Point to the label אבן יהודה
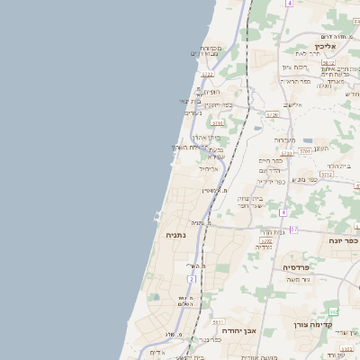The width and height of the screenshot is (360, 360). click(x=238, y=330)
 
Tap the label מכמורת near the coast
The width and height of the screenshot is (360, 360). click(x=210, y=48)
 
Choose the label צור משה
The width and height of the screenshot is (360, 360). click(x=297, y=282)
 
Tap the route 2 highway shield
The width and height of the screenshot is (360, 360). click(x=192, y=280)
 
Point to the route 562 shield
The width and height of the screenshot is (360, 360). click(x=334, y=312)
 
